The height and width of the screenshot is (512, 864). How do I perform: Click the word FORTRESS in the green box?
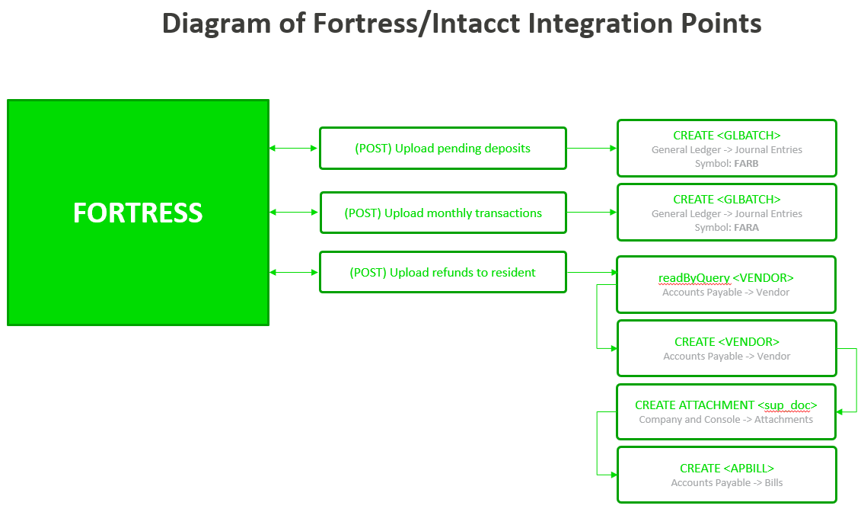point(138,213)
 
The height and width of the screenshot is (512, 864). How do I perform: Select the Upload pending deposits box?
point(442,148)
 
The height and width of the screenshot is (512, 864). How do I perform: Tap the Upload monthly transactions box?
point(443,213)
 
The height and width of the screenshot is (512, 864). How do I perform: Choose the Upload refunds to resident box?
point(442,272)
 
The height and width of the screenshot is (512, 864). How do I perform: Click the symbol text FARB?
point(746,164)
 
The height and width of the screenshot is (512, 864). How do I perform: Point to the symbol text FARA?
point(746,228)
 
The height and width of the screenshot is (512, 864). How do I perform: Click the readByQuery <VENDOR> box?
point(725,284)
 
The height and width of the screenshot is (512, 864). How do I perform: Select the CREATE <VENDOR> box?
point(726,348)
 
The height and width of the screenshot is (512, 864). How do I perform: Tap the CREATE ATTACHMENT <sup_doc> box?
point(725,411)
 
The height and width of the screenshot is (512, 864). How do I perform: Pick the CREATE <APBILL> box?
point(726,475)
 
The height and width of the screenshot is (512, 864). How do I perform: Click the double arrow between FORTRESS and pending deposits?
point(294,148)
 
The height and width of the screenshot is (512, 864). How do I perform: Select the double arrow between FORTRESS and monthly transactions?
point(294,213)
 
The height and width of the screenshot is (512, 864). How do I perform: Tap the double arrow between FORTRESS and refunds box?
point(294,272)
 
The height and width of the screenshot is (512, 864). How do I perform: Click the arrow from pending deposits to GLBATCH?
point(591,148)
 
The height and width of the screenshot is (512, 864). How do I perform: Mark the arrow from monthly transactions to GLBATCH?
point(591,213)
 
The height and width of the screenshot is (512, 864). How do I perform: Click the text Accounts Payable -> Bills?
point(726,482)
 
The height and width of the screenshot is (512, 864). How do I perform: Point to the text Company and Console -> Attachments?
point(725,419)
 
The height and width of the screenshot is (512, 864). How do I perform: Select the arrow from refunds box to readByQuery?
point(591,272)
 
